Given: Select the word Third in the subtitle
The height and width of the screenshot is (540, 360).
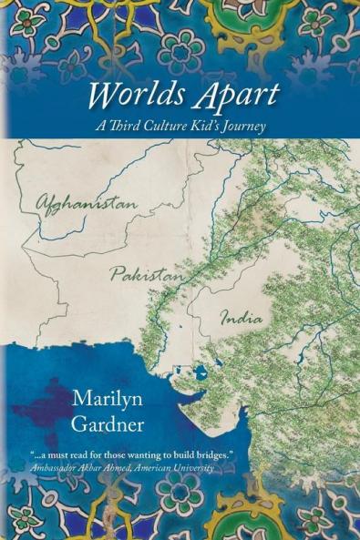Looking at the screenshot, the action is [x=136, y=127].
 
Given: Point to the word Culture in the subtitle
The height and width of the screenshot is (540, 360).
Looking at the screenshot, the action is [x=177, y=127].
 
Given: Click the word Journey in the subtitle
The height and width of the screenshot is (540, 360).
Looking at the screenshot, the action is [x=242, y=127].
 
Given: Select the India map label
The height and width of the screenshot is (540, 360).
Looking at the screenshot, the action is [x=242, y=319].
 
